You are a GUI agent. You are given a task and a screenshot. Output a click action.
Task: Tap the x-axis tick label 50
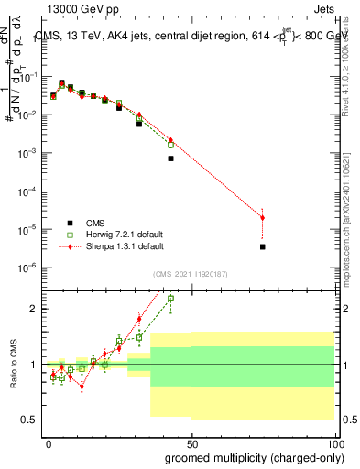[x=191, y=442]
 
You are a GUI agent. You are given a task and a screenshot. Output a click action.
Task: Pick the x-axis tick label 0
[x=49, y=442]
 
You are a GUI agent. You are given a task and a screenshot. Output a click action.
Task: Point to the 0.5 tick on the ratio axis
[x=29, y=420]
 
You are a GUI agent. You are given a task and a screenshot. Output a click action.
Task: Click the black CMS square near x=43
[x=170, y=158]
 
